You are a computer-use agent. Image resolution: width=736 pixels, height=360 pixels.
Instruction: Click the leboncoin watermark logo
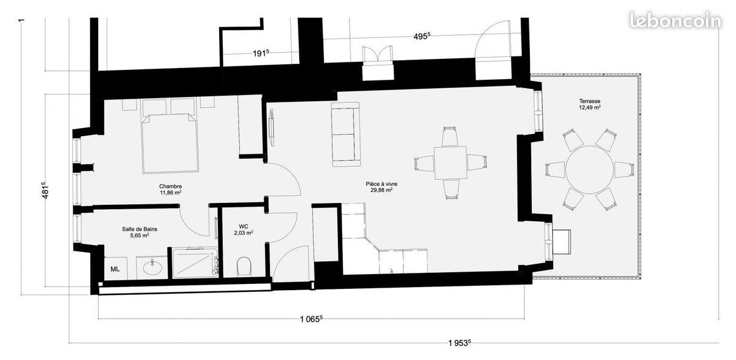tap(675, 20)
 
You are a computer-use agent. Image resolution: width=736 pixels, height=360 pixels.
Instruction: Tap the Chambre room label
tap(170, 186)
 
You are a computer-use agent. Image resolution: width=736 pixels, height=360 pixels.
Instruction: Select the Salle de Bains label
tap(136, 229)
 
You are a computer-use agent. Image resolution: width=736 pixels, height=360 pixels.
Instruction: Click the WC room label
tap(243, 227)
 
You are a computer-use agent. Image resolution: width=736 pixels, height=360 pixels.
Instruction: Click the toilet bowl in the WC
tap(244, 266)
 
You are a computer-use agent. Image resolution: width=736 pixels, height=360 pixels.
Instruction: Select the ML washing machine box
tap(115, 269)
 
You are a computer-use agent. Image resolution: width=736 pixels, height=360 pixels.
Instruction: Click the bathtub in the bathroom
tap(193, 264)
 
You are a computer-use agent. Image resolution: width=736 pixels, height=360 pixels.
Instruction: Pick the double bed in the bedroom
tap(170, 142)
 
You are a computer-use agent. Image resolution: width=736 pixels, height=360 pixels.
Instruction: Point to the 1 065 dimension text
tap(311, 319)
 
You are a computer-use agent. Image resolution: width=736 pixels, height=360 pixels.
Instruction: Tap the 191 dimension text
tap(261, 53)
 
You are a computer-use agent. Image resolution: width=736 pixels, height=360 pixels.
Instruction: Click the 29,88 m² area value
tap(381, 190)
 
